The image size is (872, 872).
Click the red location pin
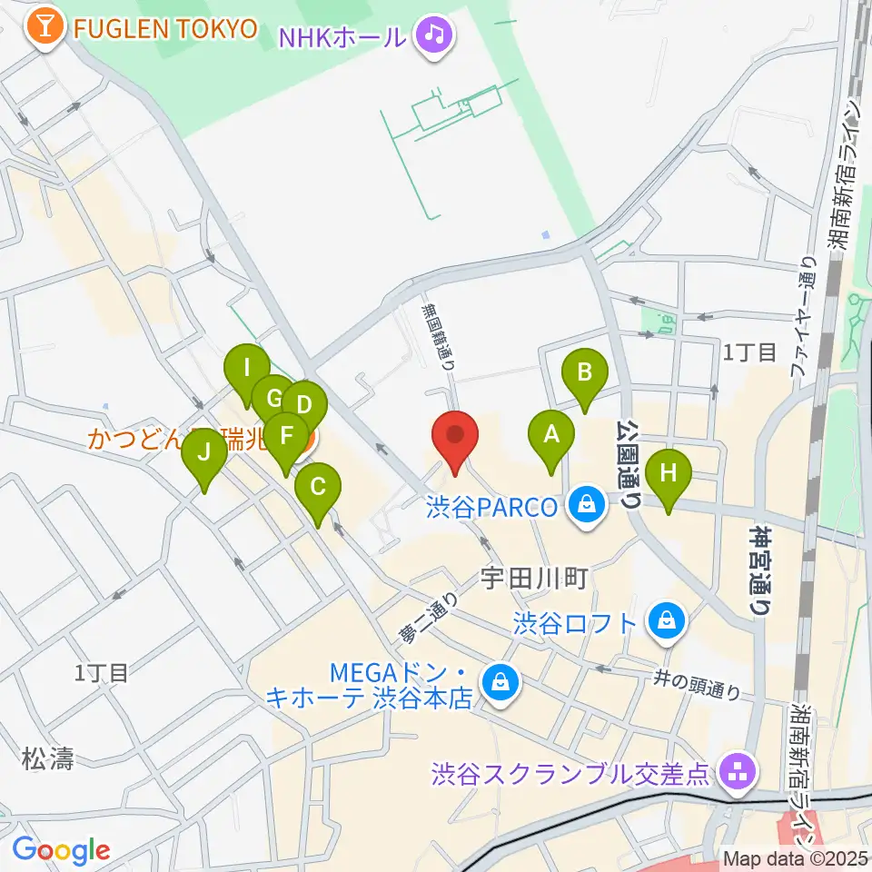tap(455, 437)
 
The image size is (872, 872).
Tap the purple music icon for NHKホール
tap(434, 36)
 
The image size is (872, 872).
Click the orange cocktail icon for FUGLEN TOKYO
tap(44, 28)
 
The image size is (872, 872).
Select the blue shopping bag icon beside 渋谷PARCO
tap(587, 505)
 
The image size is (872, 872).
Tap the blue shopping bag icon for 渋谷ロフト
tap(667, 622)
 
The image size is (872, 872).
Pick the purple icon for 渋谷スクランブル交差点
tap(734, 773)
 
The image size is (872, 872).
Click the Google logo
tap(61, 849)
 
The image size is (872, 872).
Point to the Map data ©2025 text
tap(796, 858)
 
